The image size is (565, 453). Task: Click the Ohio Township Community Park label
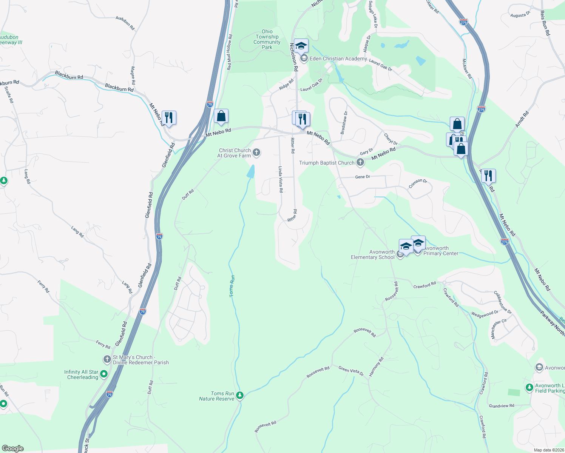click(267, 39)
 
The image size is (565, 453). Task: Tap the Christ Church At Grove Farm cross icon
click(256, 153)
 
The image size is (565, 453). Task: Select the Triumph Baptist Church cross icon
click(360, 163)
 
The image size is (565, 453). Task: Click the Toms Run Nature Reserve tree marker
click(240, 395)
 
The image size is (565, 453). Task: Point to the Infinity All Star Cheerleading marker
click(104, 374)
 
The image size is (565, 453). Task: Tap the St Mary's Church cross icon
click(107, 359)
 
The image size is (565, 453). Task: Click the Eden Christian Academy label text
click(338, 59)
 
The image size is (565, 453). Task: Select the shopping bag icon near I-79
click(221, 116)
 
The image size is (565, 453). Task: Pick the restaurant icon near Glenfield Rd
click(169, 118)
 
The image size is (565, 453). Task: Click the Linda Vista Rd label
click(281, 179)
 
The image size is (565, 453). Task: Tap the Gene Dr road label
click(363, 177)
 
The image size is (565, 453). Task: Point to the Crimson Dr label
click(418, 183)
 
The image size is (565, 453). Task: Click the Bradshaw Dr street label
click(344, 123)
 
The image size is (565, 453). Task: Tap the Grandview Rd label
click(501, 406)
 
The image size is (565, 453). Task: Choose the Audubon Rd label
click(125, 23)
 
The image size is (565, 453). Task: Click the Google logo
click(12, 448)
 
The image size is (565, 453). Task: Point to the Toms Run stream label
click(232, 286)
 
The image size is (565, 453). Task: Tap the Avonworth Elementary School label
click(373, 254)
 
